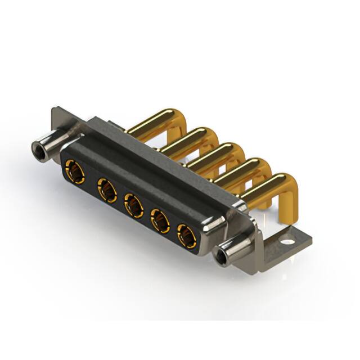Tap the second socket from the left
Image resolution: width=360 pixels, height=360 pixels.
(105, 189)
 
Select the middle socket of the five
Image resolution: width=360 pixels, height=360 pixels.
(133, 204)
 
